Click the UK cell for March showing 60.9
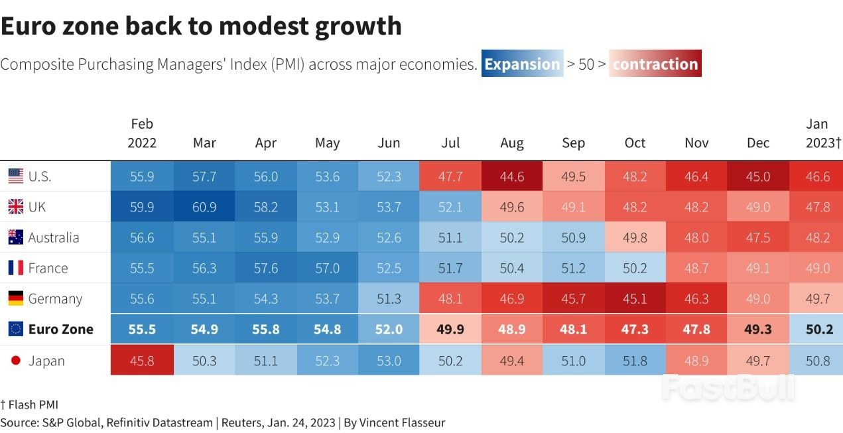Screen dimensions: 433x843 (x=204, y=208)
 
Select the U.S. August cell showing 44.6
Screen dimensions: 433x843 (x=511, y=177)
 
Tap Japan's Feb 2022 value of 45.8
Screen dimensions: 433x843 (x=142, y=361)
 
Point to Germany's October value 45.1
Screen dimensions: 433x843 (x=635, y=299)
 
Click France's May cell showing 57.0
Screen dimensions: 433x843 (x=327, y=269)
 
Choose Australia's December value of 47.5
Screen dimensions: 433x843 (x=758, y=238)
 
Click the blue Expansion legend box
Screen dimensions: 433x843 (x=522, y=64)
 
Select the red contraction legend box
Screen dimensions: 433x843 (x=655, y=64)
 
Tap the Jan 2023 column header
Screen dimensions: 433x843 (x=822, y=133)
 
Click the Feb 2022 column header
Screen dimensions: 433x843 (x=142, y=133)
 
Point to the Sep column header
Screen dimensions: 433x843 (x=573, y=143)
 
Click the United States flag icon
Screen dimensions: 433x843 (x=16, y=176)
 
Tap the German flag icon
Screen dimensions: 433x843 (x=16, y=299)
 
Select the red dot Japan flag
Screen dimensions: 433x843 (x=16, y=361)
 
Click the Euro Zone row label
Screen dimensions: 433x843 (x=60, y=330)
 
